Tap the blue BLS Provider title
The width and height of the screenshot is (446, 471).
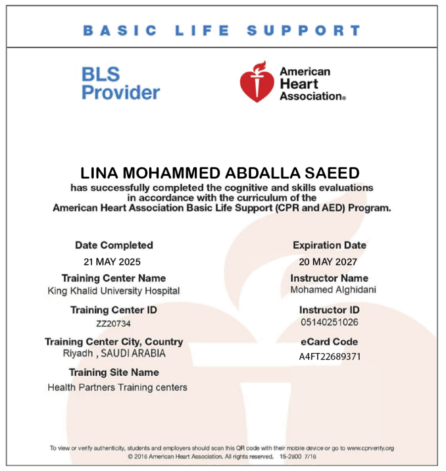pyautogui.click(x=120, y=84)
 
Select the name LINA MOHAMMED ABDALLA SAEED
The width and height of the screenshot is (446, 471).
pyautogui.click(x=220, y=173)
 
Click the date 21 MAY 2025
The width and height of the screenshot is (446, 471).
pyautogui.click(x=112, y=262)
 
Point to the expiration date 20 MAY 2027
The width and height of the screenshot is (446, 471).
pyautogui.click(x=328, y=262)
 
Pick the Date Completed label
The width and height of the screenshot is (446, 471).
pyautogui.click(x=114, y=245)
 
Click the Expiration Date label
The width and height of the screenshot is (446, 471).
pyautogui.click(x=329, y=245)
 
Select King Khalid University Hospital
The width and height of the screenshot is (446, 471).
pyautogui.click(x=113, y=291)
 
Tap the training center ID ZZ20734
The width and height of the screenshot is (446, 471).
pyautogui.click(x=113, y=324)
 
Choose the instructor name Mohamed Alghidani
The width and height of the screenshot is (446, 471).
pyautogui.click(x=327, y=290)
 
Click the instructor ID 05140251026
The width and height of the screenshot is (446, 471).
pyautogui.click(x=329, y=322)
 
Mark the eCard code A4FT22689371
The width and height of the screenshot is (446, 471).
pyautogui.click(x=329, y=357)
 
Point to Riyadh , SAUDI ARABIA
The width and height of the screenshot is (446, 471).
pyautogui.click(x=114, y=354)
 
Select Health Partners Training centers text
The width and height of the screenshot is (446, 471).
pyautogui.click(x=117, y=387)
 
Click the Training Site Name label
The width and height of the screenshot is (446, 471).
pyautogui.click(x=114, y=372)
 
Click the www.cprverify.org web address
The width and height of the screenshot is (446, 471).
pyautogui.click(x=370, y=448)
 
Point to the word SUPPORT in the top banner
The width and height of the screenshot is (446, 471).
pyautogui.click(x=303, y=31)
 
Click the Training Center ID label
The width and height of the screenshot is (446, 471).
pyautogui.click(x=113, y=310)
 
